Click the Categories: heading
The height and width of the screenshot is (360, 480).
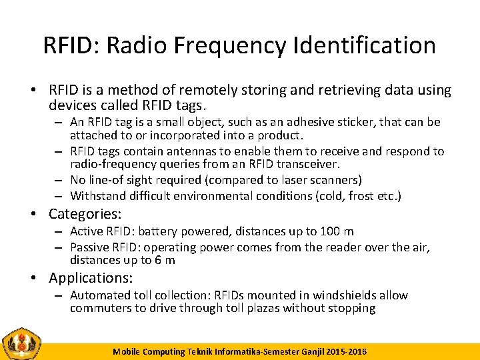[85, 214]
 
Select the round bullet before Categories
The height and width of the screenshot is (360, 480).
[37, 214]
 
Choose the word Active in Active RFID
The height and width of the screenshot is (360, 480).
[88, 231]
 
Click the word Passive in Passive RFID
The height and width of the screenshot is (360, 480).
[91, 247]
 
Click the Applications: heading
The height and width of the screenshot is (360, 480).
[91, 278]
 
